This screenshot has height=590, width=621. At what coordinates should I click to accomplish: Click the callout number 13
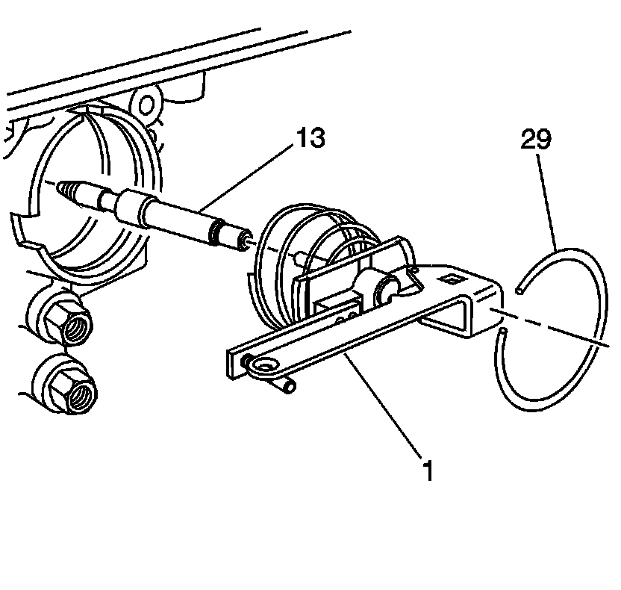311,139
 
